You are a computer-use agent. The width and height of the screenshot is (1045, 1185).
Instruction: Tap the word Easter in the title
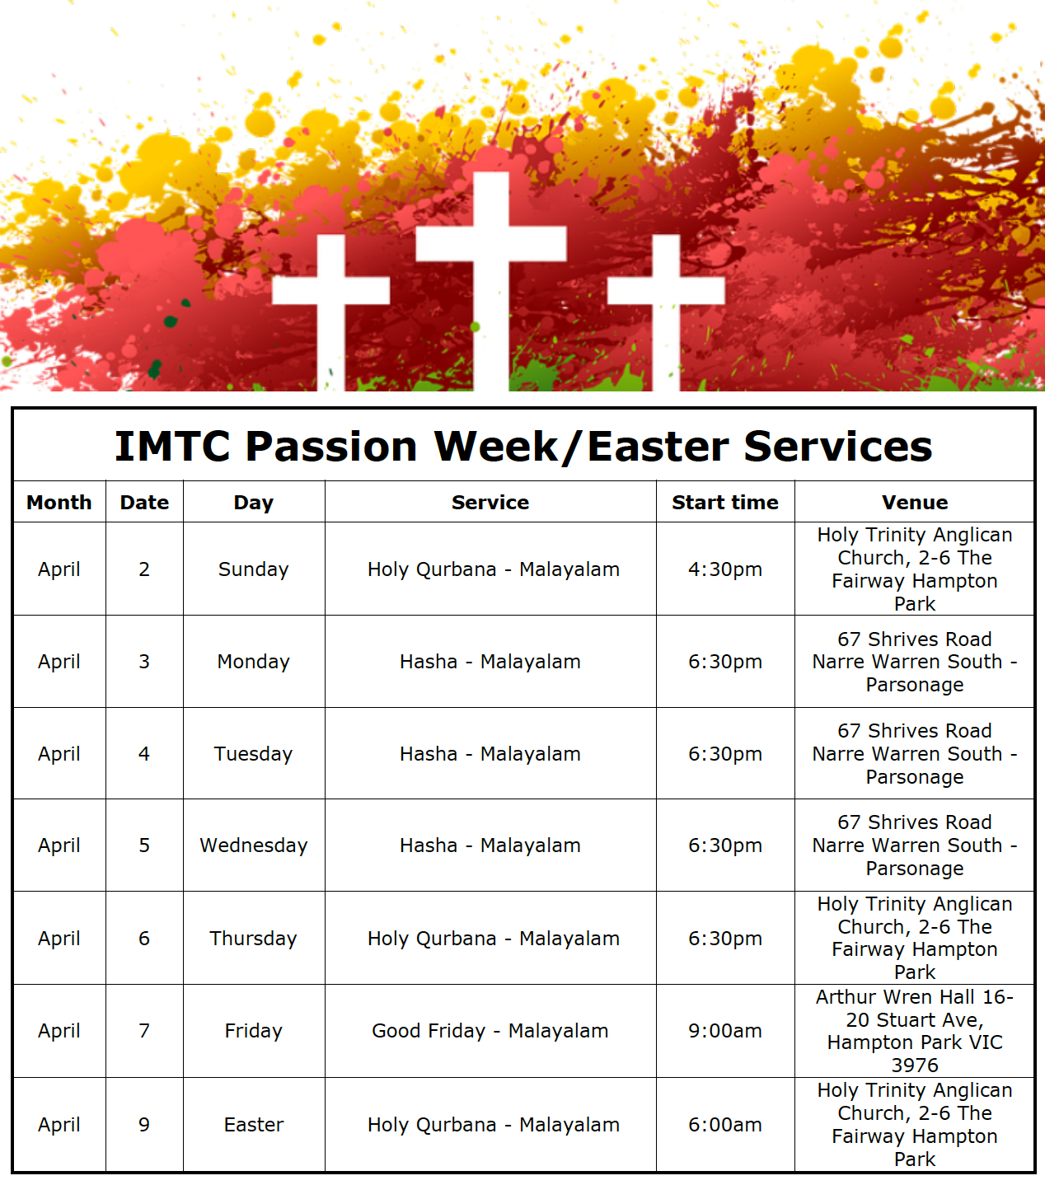coord(658,447)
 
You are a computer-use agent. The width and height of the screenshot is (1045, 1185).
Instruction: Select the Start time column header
coord(725,503)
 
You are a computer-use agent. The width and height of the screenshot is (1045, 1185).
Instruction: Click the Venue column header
coord(915,503)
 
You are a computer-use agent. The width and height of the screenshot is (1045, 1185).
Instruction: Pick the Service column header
coord(490,503)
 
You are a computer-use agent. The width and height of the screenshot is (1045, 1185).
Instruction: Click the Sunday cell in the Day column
coord(253,569)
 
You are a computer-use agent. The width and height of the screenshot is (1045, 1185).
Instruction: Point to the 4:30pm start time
coord(725,569)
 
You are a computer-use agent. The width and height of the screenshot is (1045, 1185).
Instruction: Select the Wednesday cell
coord(253,845)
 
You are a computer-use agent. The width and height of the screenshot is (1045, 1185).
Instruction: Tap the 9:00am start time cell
coord(725,1031)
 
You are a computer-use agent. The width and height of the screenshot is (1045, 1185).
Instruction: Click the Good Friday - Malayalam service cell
coord(490,1031)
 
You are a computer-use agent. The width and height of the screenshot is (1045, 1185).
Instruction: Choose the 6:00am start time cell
coord(725,1124)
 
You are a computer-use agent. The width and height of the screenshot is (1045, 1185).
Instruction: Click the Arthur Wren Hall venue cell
coord(915,1031)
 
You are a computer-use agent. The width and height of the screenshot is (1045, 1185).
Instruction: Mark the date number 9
coord(144,1124)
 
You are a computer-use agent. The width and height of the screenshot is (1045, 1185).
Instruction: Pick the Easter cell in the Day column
coord(253,1124)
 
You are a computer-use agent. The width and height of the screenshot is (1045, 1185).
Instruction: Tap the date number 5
coord(144,845)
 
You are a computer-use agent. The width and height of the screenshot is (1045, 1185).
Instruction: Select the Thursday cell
coord(253,938)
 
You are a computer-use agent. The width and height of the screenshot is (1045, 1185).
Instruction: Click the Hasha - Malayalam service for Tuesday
coord(490,754)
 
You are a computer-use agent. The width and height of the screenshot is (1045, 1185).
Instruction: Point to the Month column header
coord(59,503)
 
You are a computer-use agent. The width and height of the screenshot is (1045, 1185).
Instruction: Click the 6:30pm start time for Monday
coord(725,662)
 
